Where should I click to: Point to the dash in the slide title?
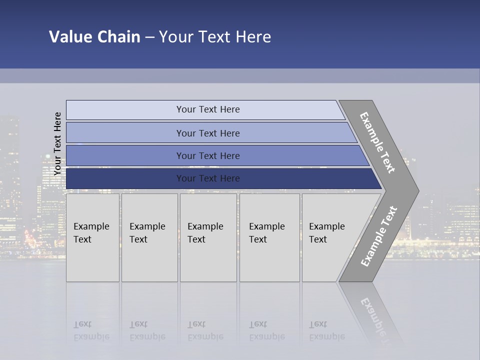tap(149, 37)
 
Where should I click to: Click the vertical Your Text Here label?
tap(57, 144)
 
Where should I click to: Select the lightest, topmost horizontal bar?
tap(205, 109)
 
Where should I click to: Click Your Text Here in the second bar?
tap(208, 133)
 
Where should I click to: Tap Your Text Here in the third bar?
tap(208, 156)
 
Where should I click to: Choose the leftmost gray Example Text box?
tap(92, 237)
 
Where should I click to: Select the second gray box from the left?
tap(149, 237)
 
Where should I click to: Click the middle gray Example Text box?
tap(208, 237)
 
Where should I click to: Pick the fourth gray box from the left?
tap(269, 237)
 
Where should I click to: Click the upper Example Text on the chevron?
tap(377, 142)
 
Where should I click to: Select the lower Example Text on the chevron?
tap(379, 236)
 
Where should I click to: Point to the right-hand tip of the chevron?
tap(417, 190)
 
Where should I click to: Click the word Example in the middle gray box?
tap(205, 226)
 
